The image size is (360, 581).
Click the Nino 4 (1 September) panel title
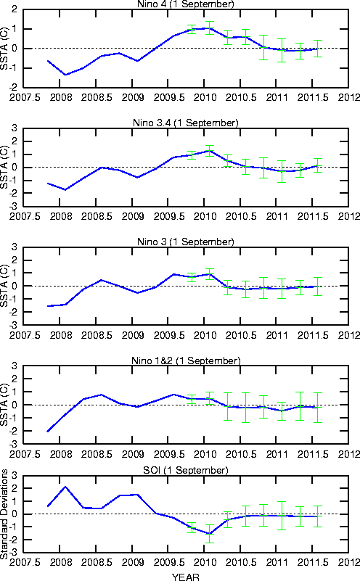click(186, 4)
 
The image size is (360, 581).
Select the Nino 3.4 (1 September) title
click(186, 123)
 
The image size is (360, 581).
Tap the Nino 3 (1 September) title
click(186, 242)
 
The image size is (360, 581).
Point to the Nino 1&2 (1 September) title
click(186, 360)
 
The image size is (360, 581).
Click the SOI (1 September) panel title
click(186, 470)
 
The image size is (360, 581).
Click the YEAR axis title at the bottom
click(186, 577)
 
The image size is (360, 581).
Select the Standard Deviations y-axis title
click(4, 514)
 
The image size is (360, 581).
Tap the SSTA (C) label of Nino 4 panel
click(4, 48)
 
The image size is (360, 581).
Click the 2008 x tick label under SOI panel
click(61, 562)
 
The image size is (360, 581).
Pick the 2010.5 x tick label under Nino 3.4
click(241, 216)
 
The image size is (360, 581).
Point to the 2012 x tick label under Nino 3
click(349, 335)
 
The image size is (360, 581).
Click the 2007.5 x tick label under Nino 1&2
click(25, 454)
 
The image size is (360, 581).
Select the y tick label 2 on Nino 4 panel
click(15, 9)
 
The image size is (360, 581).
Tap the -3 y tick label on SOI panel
click(13, 553)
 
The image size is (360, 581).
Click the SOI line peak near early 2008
click(65, 487)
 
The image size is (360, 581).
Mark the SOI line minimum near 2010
click(210, 534)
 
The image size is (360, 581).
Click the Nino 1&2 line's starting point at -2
click(48, 432)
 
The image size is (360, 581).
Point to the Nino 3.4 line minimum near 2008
click(65, 190)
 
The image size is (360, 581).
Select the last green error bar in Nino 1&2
click(317, 408)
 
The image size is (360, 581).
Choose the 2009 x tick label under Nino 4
click(133, 97)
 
